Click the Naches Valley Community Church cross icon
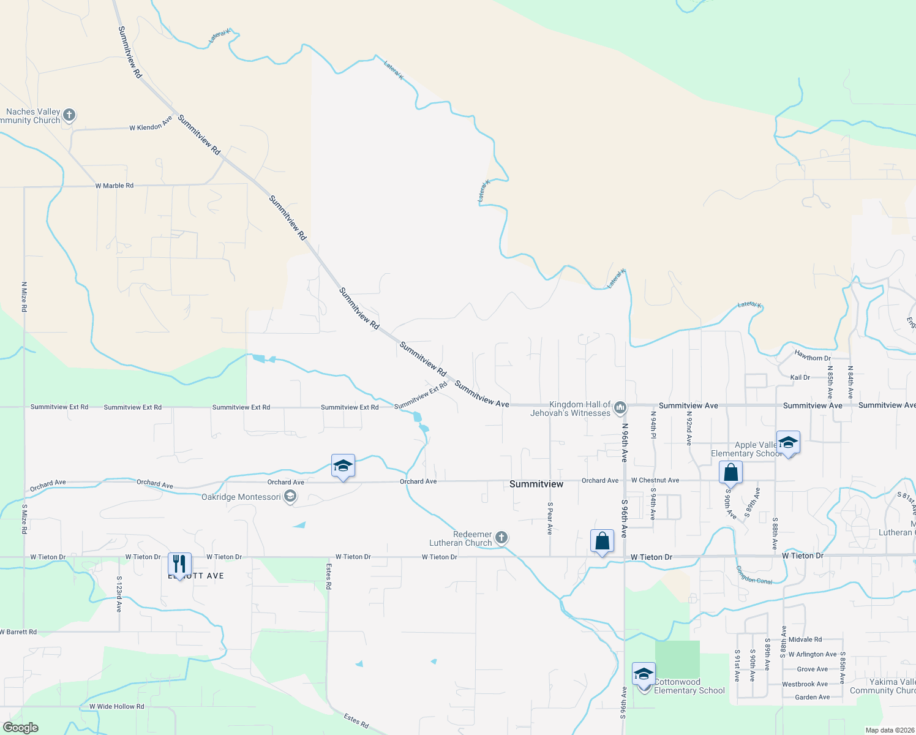69,115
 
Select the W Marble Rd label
114,186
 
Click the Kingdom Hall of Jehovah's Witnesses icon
620,407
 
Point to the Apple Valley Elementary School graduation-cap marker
788,442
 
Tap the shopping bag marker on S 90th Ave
730,473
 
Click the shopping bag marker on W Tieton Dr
602,541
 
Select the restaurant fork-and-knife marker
179,564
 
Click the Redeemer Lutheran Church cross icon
501,538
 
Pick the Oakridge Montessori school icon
291,497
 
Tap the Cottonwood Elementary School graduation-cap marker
644,675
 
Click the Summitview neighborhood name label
536,484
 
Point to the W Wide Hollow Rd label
116,706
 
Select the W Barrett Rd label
18,631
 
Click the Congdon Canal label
754,575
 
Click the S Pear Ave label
550,518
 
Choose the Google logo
20,727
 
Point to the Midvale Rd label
805,639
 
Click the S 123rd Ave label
119,594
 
